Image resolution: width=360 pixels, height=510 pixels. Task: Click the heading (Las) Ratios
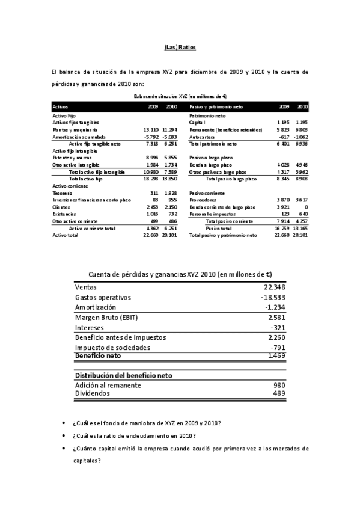[x=180, y=47]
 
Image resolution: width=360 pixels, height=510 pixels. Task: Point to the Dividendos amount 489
[x=278, y=393]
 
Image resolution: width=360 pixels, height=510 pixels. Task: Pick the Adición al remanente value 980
[x=278, y=385]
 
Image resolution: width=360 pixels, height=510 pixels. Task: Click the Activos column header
[x=61, y=106]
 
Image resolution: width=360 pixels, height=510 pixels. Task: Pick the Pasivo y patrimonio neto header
[x=216, y=106]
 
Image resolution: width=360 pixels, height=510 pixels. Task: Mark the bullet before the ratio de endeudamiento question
[x=65, y=436]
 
